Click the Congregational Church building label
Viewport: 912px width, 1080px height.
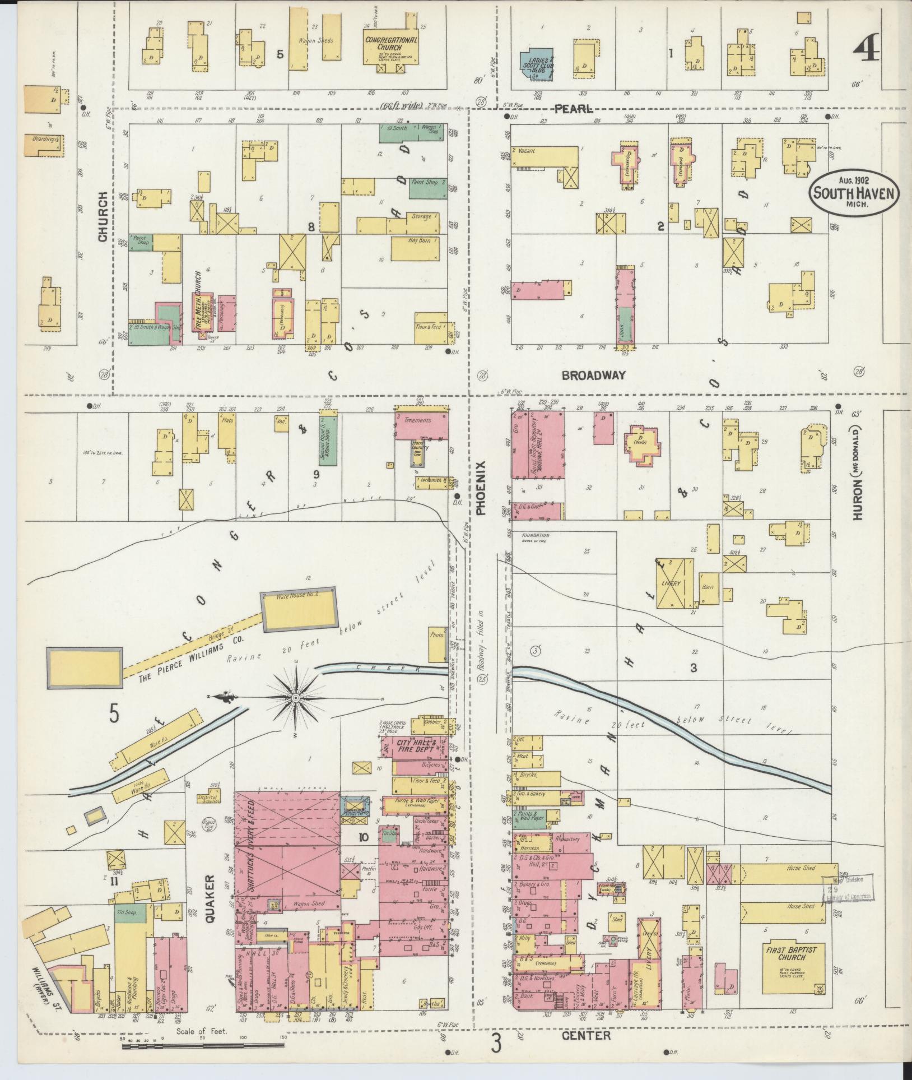coord(391,44)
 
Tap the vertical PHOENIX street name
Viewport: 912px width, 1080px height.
coord(480,488)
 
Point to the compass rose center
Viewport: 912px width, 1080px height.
coord(295,697)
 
